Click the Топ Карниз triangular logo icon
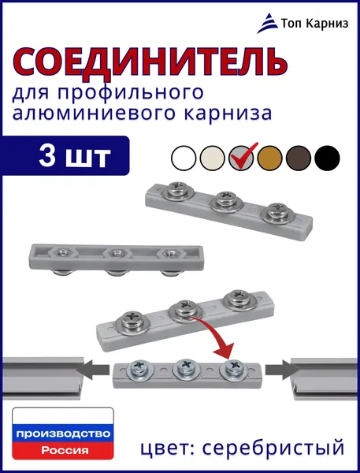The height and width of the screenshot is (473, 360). pyautogui.click(x=268, y=23)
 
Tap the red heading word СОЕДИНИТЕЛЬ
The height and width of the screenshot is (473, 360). pyautogui.click(x=150, y=62)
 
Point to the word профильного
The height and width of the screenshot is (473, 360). pyautogui.click(x=130, y=92)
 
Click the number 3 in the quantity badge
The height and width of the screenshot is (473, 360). pyautogui.click(x=47, y=155)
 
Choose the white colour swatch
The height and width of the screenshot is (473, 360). pyautogui.click(x=184, y=158)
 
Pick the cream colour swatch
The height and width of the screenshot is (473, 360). pyautogui.click(x=212, y=158)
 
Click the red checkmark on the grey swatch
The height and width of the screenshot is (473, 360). pyautogui.click(x=243, y=155)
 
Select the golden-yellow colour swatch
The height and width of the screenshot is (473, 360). pyautogui.click(x=269, y=158)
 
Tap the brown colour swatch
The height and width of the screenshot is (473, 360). pyautogui.click(x=299, y=158)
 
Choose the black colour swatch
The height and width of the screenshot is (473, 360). pyautogui.click(x=327, y=158)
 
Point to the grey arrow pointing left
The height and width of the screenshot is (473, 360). pyautogui.click(x=92, y=370)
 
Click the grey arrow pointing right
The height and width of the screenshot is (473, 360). pyautogui.click(x=282, y=370)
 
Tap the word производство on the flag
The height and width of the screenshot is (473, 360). pyautogui.click(x=63, y=434)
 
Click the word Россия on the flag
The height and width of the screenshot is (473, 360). pyautogui.click(x=65, y=451)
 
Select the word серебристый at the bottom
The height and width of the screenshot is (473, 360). pyautogui.click(x=273, y=448)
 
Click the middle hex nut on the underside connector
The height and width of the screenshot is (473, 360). pyautogui.click(x=117, y=253)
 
